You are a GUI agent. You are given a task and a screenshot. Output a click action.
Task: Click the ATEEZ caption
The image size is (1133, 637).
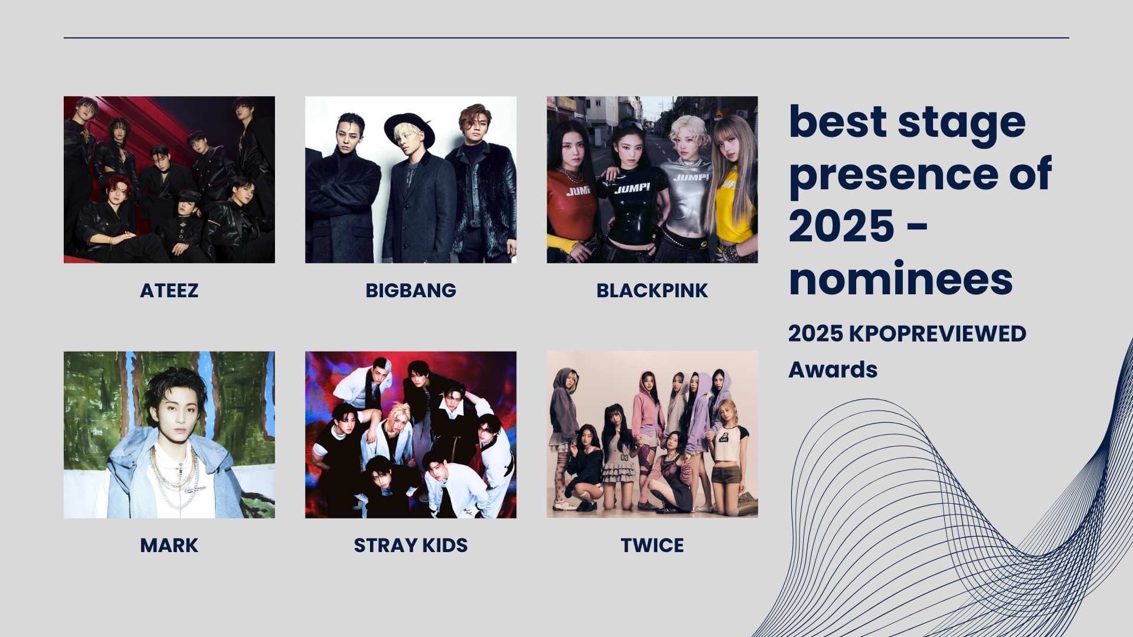click(x=169, y=290)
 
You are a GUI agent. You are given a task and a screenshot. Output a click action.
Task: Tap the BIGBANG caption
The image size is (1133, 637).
click(x=411, y=290)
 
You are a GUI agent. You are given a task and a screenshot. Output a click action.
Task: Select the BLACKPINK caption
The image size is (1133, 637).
click(x=652, y=290)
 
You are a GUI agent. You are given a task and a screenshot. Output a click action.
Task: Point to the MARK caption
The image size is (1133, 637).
click(x=169, y=545)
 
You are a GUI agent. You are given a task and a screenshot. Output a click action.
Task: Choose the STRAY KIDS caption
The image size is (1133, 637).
click(x=411, y=545)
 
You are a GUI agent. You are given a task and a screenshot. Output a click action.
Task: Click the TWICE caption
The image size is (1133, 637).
click(x=652, y=545)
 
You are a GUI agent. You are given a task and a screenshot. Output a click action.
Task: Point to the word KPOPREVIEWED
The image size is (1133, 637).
click(x=938, y=334)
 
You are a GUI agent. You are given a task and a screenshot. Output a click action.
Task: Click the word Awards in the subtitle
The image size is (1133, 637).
click(x=833, y=370)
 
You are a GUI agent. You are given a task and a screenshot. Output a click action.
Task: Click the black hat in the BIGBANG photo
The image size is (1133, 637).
click(x=409, y=127)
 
